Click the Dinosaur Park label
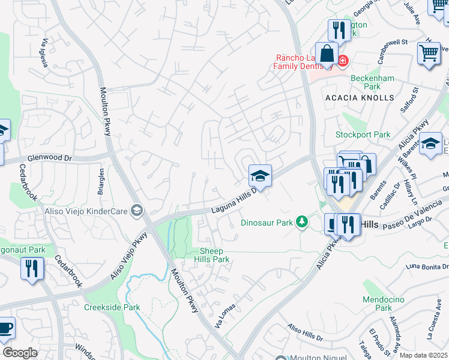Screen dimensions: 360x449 (267, 223)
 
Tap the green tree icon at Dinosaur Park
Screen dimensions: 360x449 (303, 223)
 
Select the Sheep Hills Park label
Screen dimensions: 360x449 (211, 255)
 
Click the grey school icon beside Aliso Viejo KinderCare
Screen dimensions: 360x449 (137, 210)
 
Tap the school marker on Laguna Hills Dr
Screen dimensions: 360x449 (260, 176)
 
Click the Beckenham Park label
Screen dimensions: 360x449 (372, 82)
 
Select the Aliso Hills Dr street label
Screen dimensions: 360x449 (305, 335)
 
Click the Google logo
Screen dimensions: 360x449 (20, 353)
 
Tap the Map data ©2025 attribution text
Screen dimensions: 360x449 (424, 355)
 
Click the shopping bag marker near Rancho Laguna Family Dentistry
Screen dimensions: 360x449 (327, 54)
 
